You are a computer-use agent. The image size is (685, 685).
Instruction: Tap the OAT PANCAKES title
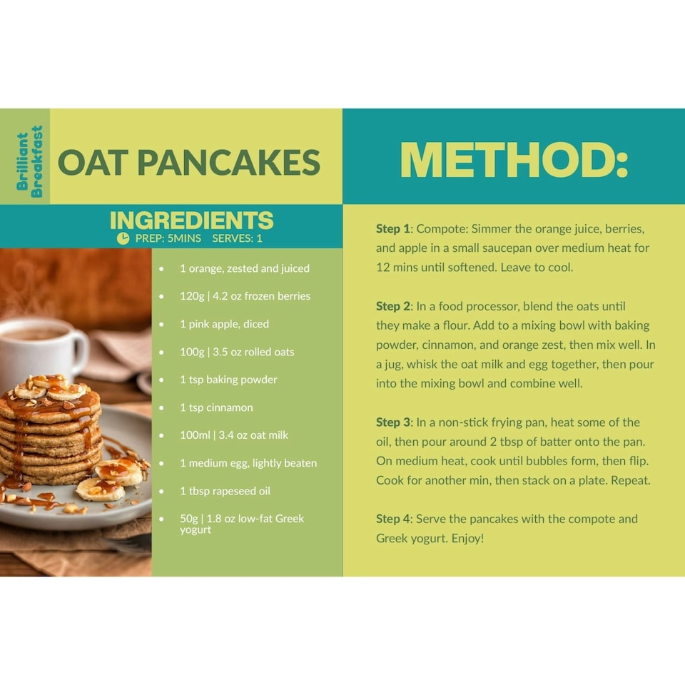pyautogui.click(x=189, y=163)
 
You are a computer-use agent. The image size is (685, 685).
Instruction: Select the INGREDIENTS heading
pyautogui.click(x=191, y=220)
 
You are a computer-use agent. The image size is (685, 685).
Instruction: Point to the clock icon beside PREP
pyautogui.click(x=123, y=238)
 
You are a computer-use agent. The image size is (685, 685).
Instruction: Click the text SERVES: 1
pyautogui.click(x=237, y=238)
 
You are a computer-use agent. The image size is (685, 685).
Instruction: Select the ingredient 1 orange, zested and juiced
pyautogui.click(x=244, y=268)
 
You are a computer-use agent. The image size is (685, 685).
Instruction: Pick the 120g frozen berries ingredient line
pyautogui.click(x=244, y=296)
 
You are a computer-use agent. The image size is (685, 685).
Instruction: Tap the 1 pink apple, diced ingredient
pyautogui.click(x=224, y=324)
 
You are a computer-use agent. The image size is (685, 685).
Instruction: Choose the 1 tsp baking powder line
pyautogui.click(x=228, y=380)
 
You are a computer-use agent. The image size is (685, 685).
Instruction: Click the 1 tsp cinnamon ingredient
pyautogui.click(x=216, y=407)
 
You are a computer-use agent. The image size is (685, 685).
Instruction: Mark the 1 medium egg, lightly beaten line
pyautogui.click(x=248, y=463)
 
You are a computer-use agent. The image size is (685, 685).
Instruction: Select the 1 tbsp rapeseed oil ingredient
pyautogui.click(x=225, y=491)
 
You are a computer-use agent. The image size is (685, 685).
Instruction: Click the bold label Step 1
pyautogui.click(x=393, y=229)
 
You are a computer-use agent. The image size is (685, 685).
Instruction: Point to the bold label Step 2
pyautogui.click(x=393, y=306)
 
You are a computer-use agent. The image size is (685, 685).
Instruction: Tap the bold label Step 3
pyautogui.click(x=393, y=422)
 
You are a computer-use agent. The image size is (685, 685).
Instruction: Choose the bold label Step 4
pyautogui.click(x=393, y=519)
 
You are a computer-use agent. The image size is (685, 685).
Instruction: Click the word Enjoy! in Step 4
pyautogui.click(x=467, y=538)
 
